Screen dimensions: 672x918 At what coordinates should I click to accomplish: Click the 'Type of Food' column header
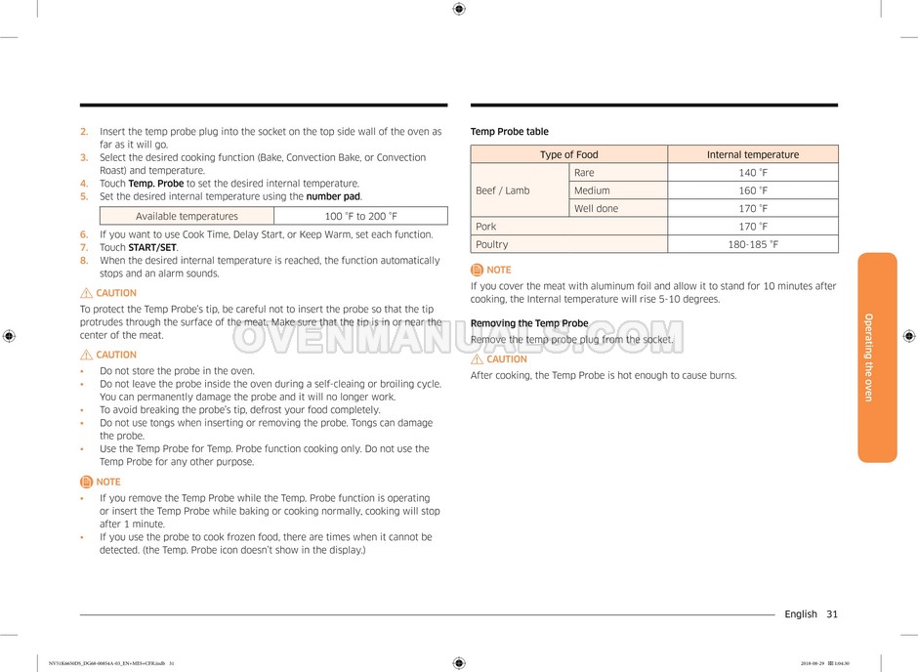click(x=569, y=154)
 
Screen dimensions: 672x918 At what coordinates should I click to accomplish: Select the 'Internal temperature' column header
click(x=752, y=154)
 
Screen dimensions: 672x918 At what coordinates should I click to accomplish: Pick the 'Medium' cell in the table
click(x=592, y=190)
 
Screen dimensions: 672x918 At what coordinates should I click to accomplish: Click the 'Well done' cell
click(x=596, y=208)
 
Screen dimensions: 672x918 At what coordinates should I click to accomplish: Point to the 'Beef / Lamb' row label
click(x=502, y=190)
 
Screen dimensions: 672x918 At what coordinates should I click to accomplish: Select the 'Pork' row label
click(x=485, y=227)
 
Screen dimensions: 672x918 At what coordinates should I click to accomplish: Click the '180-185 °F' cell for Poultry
click(x=752, y=244)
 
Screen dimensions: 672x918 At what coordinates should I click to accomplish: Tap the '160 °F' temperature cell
click(x=752, y=190)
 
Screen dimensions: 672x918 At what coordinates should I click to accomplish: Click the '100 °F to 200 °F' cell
click(x=360, y=216)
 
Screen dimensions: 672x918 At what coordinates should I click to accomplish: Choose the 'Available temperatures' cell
click(x=187, y=216)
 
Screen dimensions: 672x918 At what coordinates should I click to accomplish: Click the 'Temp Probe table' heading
click(x=510, y=132)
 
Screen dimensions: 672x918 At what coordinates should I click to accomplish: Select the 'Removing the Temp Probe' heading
click(x=529, y=323)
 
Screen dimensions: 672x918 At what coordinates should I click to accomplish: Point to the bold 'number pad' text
click(x=333, y=196)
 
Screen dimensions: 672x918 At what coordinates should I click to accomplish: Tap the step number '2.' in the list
click(x=84, y=132)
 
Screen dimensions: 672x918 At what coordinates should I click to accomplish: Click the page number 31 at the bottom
click(x=831, y=614)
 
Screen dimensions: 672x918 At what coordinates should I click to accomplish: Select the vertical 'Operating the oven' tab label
click(x=867, y=357)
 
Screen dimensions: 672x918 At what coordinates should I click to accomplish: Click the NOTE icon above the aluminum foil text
click(x=477, y=270)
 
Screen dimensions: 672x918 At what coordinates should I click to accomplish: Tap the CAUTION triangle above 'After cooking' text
click(x=477, y=359)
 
